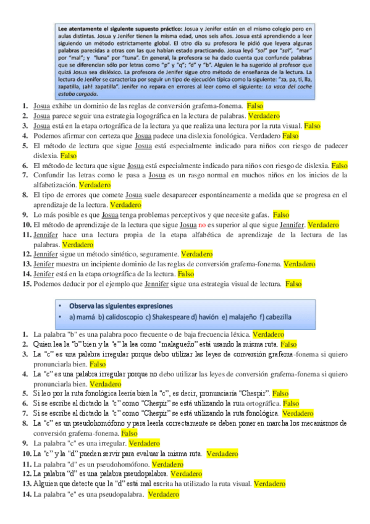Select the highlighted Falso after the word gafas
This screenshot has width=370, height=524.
click(x=281, y=214)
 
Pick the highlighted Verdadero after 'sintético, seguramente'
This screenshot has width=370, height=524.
click(x=197, y=254)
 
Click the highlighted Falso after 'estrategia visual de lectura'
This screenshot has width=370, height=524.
click(x=293, y=284)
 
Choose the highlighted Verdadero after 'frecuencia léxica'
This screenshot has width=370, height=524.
click(x=269, y=334)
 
